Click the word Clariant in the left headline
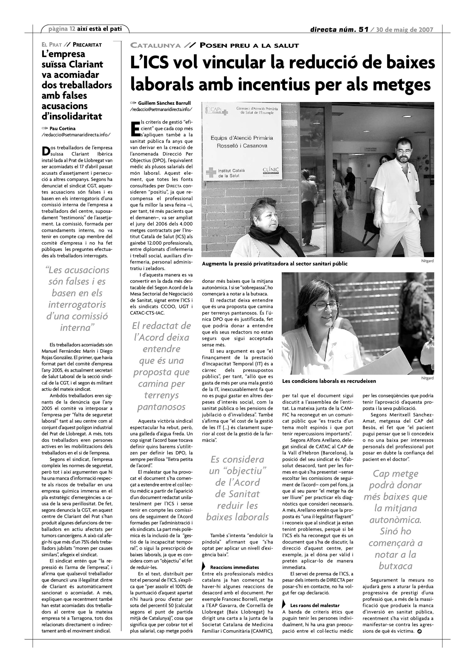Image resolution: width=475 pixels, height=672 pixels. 86,64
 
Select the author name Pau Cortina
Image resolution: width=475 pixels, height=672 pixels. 63,128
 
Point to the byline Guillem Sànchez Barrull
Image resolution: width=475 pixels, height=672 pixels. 164,103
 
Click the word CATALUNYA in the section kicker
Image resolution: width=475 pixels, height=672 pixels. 155,45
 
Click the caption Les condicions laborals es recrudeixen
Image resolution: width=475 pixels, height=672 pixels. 329,381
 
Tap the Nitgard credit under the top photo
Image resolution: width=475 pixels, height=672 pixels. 427,261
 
